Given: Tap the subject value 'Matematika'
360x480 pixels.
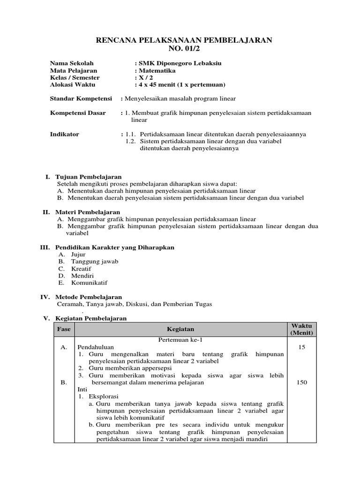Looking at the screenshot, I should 157,70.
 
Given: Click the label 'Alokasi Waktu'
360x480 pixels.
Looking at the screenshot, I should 72,84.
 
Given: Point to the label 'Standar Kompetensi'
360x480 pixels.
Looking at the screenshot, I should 81,98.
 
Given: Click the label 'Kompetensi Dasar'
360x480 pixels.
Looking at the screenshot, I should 78,113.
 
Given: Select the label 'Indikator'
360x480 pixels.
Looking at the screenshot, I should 65,134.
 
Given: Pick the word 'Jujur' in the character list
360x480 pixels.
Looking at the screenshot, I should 78,254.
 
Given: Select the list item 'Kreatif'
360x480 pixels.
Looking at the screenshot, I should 81,269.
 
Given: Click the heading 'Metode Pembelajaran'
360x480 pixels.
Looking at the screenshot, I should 89,297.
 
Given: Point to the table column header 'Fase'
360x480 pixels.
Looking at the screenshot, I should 64,329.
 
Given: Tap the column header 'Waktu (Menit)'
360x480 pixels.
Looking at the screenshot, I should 301,329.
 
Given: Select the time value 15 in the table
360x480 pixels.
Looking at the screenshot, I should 301,347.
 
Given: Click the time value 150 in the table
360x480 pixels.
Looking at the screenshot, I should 301,382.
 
